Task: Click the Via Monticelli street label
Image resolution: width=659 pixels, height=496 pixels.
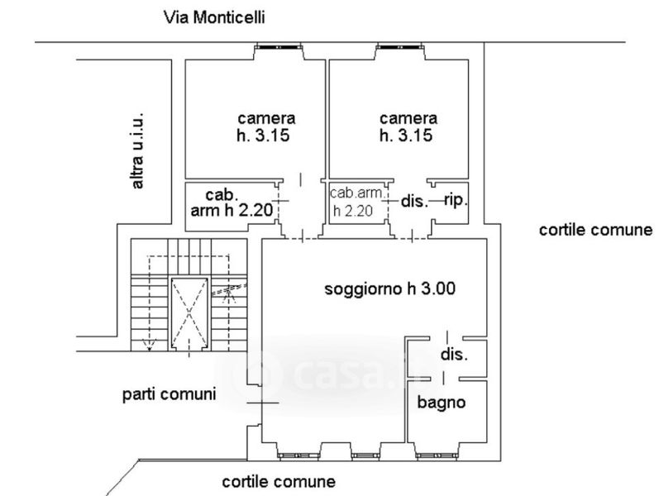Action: pos(214,17)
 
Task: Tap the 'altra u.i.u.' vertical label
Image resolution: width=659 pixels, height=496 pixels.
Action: pos(137,150)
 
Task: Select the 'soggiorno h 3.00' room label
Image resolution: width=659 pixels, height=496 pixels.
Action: pos(389,289)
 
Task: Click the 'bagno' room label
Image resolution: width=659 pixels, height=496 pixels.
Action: pos(442,403)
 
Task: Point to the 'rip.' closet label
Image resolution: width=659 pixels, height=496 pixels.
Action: pos(456,200)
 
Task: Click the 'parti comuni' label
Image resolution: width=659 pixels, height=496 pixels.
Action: pos(169,394)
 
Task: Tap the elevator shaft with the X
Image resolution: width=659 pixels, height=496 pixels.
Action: pos(189,313)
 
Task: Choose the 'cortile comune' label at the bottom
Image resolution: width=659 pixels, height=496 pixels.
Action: pos(279,482)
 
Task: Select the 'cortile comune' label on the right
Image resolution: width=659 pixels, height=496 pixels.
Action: pos(595,230)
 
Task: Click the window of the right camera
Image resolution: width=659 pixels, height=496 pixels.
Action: pos(399,46)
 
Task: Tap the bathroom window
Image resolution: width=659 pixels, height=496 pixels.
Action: pos(436,455)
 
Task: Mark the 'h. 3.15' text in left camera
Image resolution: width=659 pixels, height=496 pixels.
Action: pos(263,136)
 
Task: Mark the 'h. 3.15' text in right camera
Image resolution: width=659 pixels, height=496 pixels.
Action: pos(406,136)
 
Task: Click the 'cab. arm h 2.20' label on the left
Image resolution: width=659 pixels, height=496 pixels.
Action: pos(232,203)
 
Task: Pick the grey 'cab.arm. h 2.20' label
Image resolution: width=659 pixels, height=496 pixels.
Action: pos(357,202)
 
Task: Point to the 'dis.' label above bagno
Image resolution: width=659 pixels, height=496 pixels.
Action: pos(454,355)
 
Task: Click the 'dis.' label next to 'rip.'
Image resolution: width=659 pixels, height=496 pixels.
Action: pos(415,202)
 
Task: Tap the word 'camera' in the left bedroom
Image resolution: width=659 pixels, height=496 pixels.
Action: pos(266,118)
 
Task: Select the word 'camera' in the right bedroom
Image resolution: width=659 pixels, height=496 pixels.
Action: pos(408,118)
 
